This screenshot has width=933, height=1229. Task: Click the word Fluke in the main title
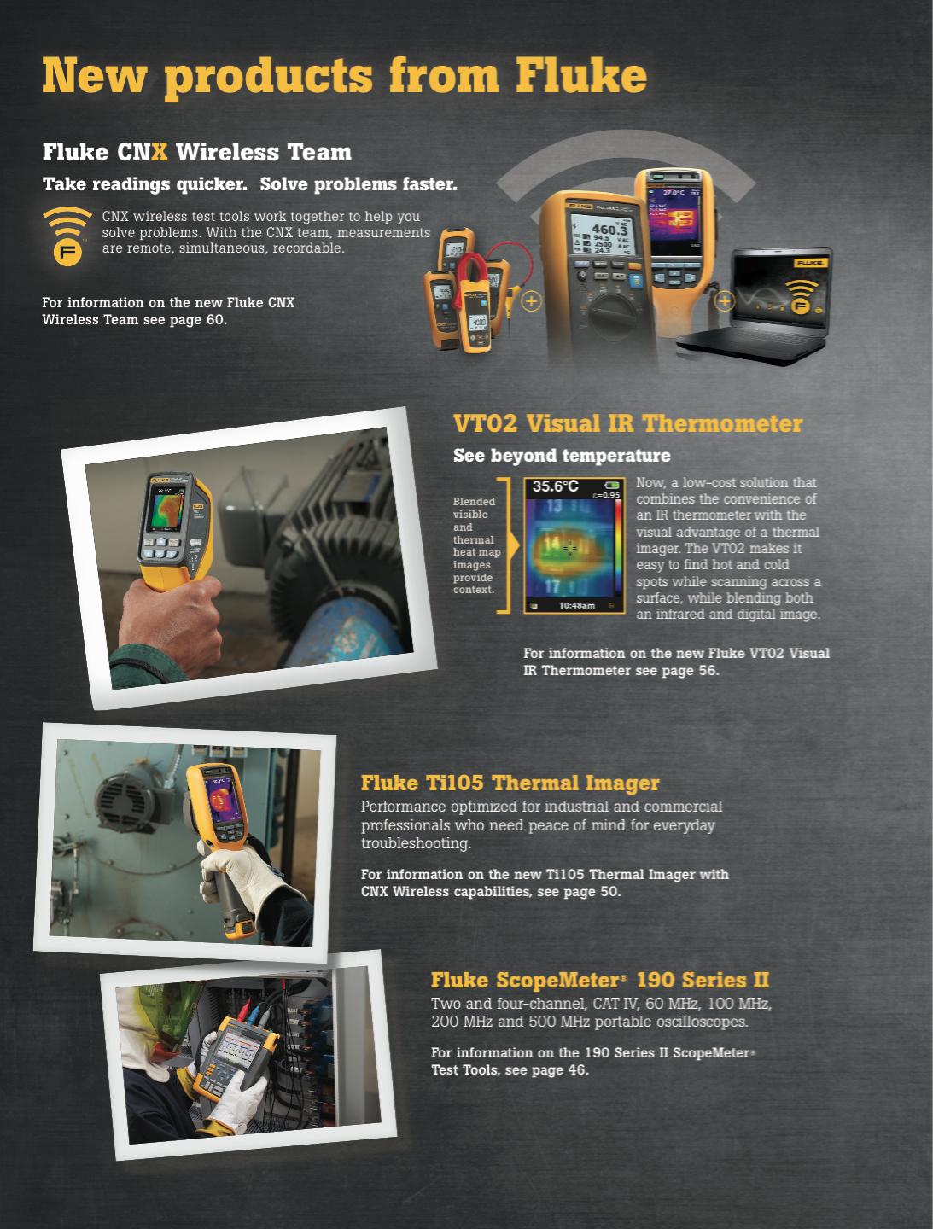point(580,75)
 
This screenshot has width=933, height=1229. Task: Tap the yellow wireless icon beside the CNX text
point(67,236)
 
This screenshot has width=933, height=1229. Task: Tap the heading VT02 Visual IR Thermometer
point(627,424)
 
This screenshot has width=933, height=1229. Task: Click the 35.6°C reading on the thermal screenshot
point(556,486)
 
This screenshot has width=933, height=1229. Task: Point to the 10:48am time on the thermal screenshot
point(576,605)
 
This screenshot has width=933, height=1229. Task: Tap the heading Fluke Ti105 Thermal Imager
point(510,783)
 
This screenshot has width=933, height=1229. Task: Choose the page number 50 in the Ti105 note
point(609,892)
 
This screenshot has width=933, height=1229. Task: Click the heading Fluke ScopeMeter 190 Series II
point(599,981)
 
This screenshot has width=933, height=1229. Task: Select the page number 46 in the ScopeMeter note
point(577,1070)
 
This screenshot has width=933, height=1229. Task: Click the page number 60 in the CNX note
point(215,320)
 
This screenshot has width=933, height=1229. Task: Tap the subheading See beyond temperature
point(562,456)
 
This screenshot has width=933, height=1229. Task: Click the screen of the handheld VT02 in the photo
point(167,510)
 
